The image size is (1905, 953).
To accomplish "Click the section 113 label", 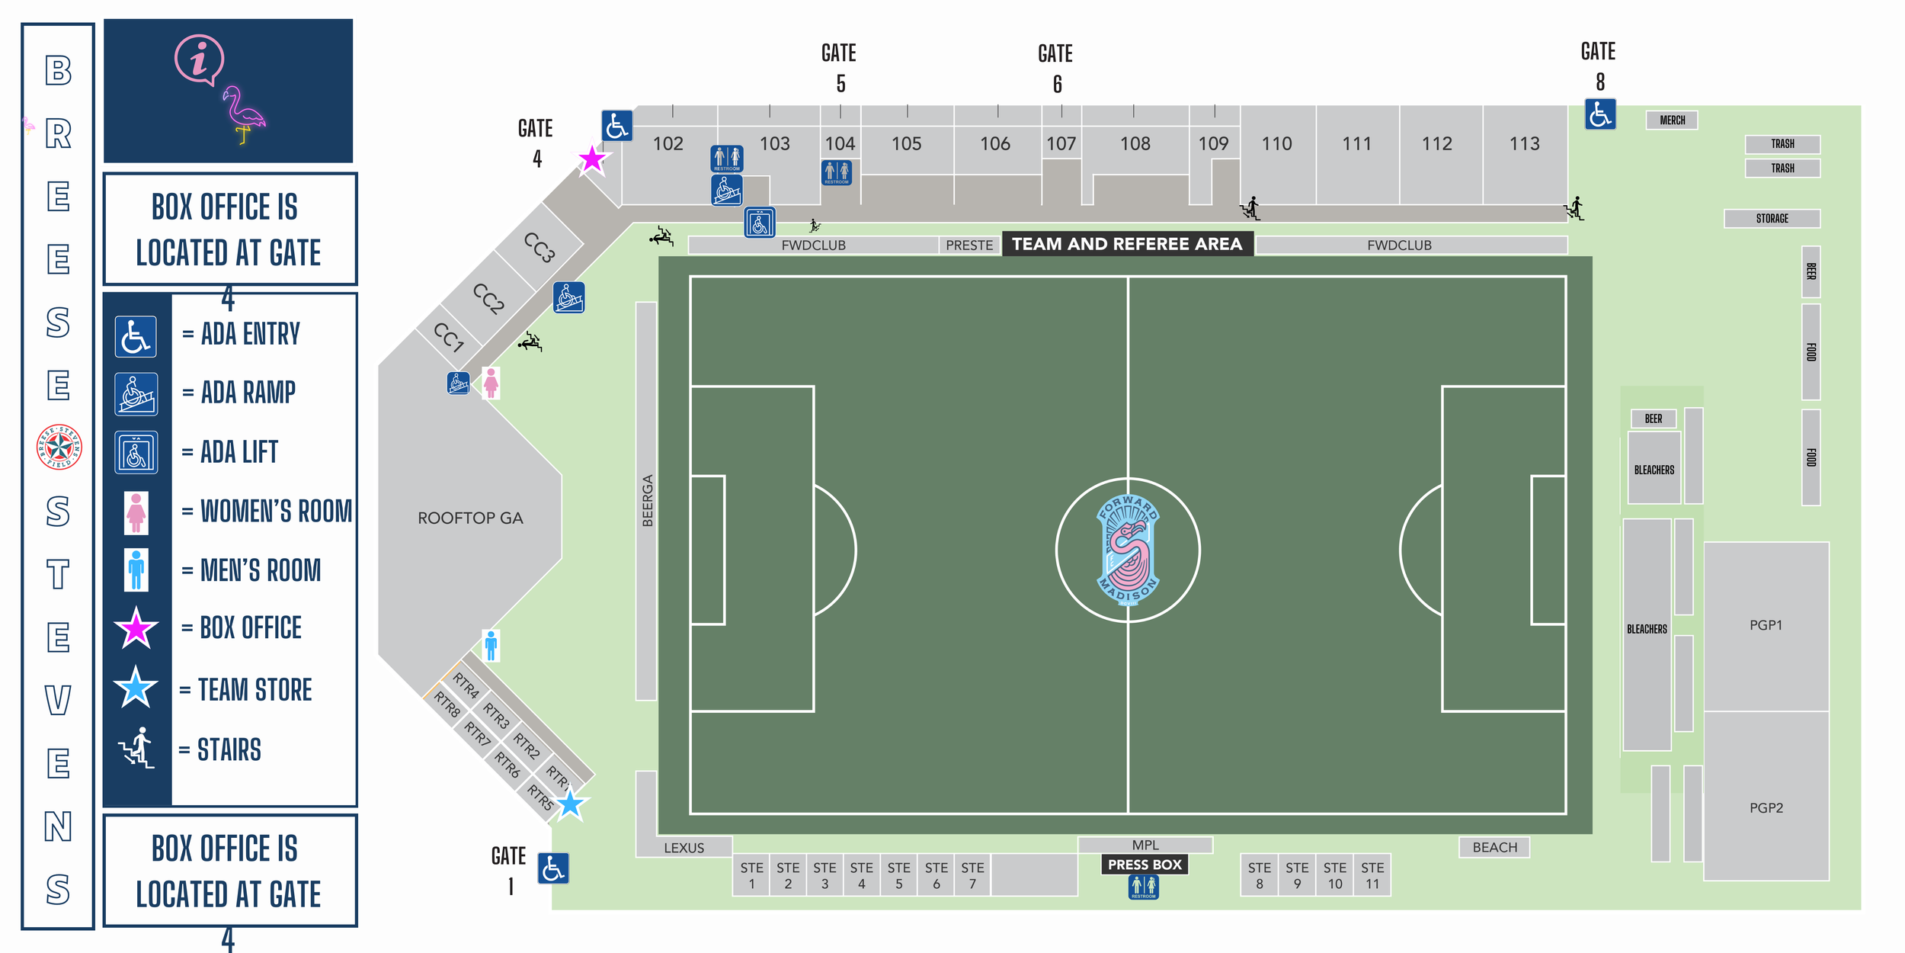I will click(1524, 143).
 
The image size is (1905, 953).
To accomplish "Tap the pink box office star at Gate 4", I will click(592, 159).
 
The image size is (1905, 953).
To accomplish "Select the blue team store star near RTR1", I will click(569, 804).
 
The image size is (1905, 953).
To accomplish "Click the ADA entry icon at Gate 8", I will click(1599, 114).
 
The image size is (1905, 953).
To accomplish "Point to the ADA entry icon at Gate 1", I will click(553, 868).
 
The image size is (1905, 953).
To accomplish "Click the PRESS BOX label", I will click(1145, 865).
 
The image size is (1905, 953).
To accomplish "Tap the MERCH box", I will click(1672, 120).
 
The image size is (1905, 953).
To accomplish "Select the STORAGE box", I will click(1772, 219).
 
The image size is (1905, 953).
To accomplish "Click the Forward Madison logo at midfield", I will click(1128, 550).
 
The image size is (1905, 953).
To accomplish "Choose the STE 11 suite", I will click(1372, 875).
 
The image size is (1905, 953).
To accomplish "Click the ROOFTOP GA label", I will click(470, 518).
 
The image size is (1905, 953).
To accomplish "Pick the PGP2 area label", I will click(1766, 808).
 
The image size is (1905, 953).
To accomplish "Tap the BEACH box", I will click(1494, 848).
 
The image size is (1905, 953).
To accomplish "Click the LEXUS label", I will click(684, 848).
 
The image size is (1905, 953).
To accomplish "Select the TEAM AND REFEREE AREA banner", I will click(1127, 244).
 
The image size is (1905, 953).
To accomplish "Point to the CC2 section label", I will click(488, 298).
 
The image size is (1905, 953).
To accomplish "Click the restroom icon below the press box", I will click(1143, 887).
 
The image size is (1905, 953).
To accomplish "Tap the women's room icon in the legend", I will click(136, 512).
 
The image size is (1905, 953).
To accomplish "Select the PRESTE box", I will click(969, 245).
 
